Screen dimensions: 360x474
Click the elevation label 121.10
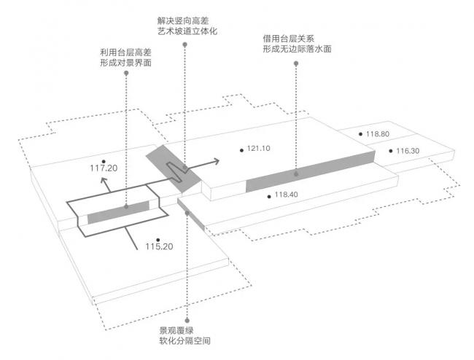coord(259,149)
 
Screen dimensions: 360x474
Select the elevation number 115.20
coord(158,247)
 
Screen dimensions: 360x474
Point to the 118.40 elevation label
coord(287,195)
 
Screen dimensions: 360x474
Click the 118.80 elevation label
coord(378,134)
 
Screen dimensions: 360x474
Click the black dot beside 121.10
coord(241,149)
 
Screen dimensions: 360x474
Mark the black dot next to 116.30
coord(391,151)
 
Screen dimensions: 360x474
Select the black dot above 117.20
coord(104,160)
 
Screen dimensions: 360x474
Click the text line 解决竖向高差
coord(187,20)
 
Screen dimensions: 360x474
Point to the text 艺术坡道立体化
coord(187,32)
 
